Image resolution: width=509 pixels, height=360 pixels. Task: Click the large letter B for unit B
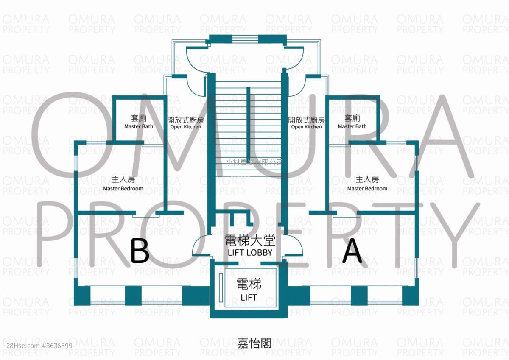point(140,251)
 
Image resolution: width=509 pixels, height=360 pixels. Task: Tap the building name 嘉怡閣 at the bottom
point(254,343)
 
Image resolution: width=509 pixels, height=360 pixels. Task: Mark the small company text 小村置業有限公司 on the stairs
point(254,162)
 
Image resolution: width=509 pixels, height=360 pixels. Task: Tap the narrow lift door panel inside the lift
point(221,288)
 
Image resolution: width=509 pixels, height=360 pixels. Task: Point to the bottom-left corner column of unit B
point(82,296)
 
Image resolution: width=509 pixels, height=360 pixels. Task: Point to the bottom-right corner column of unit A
point(410,296)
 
